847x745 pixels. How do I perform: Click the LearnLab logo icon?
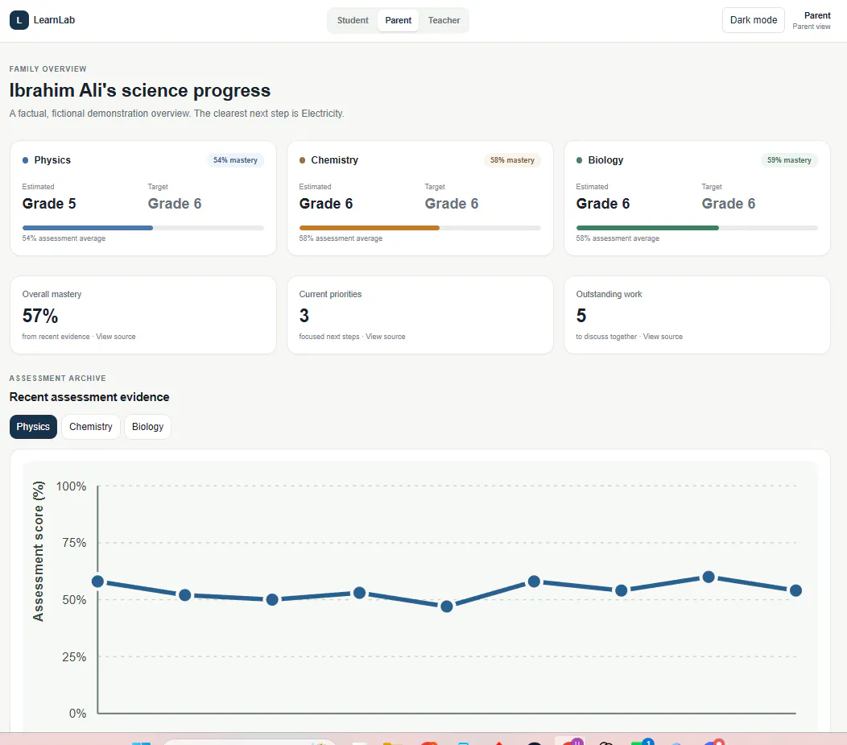19,20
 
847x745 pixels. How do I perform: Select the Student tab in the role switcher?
353,20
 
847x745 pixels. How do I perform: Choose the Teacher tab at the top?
444,20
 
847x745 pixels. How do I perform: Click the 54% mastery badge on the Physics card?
236,160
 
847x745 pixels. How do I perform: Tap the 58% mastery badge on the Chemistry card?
512,160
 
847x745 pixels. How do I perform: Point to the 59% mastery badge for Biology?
789,160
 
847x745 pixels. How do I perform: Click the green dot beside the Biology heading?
579,160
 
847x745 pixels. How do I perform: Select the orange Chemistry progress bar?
369,228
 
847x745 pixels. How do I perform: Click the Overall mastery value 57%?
40,316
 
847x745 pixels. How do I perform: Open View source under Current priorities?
385,337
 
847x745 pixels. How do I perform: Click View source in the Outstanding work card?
663,337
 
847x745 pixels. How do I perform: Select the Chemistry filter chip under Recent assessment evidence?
91,427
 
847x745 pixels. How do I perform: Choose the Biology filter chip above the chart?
147,427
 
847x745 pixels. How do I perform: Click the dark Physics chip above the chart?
33,427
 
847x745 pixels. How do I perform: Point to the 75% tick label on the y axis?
74,542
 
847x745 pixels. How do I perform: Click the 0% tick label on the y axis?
77,713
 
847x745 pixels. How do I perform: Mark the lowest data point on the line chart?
447,606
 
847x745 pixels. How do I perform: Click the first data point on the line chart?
97,582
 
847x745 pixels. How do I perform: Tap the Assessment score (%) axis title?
39,551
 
